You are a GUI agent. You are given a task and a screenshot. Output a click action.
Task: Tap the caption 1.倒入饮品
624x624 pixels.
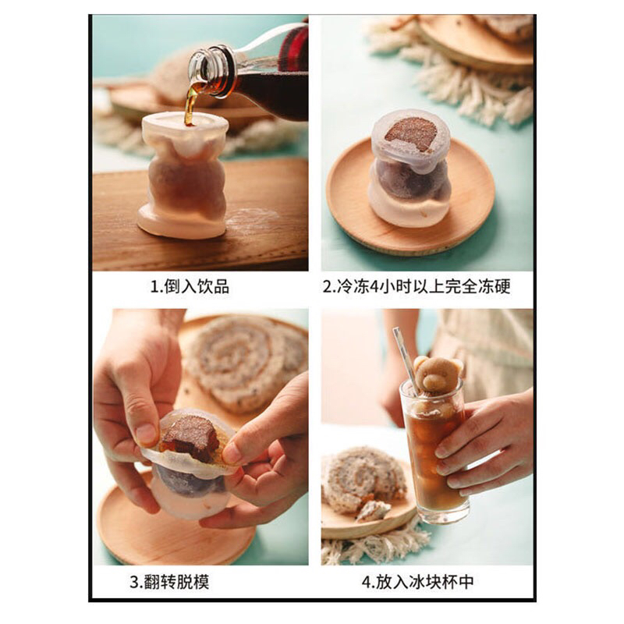click(190, 286)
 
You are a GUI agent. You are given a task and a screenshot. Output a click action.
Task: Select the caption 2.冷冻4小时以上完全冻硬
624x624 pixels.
click(417, 286)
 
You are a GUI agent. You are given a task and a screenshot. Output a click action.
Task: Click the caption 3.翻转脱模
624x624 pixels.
click(169, 582)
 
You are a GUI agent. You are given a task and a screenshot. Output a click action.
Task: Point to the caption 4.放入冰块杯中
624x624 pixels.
click(418, 582)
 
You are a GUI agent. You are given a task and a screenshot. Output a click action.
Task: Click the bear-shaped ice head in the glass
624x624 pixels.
click(438, 374)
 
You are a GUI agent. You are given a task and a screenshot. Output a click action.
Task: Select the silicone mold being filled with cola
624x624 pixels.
click(184, 175)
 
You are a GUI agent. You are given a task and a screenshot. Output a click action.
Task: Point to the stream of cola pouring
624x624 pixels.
click(190, 105)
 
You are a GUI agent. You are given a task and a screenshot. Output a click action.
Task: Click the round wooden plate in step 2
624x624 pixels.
click(410, 195)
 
